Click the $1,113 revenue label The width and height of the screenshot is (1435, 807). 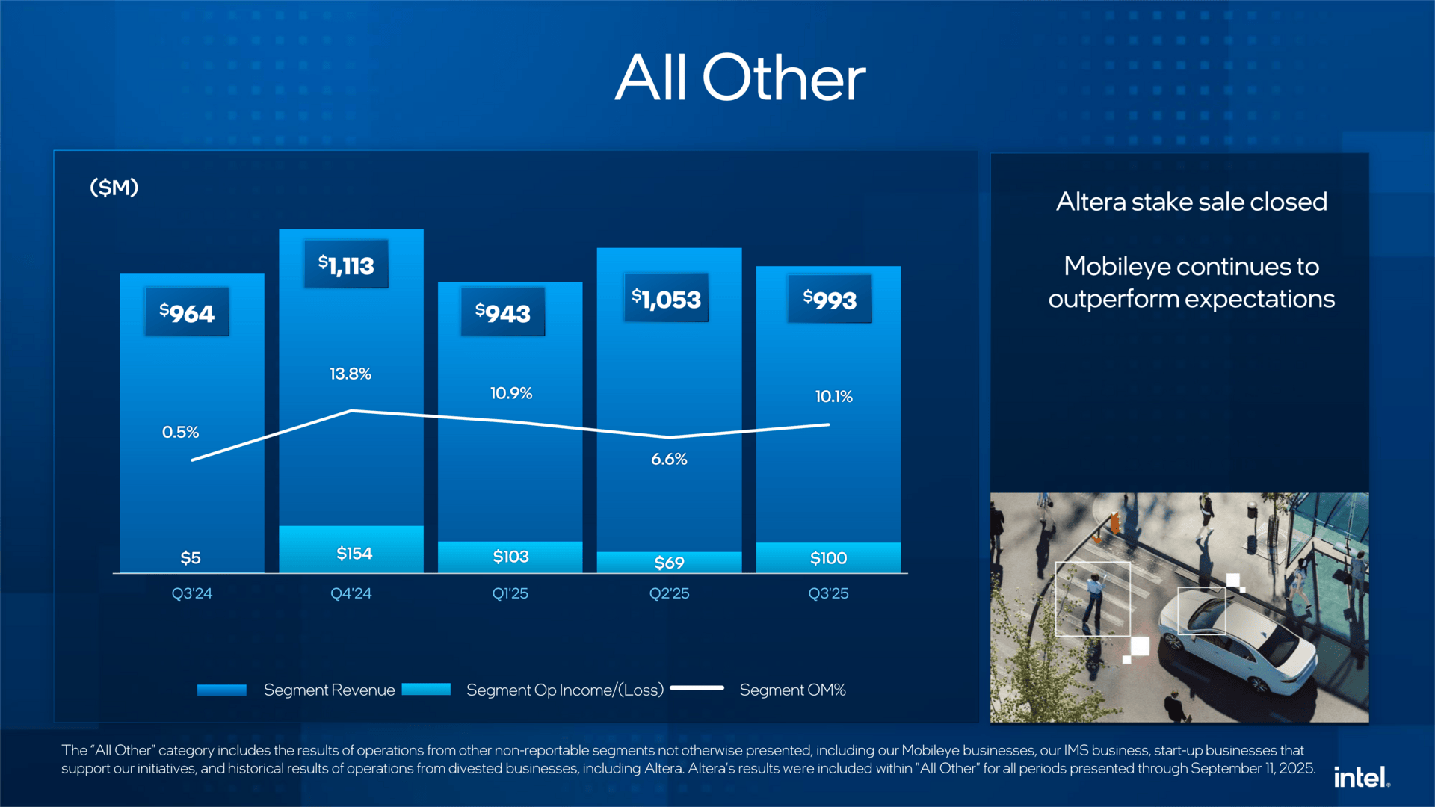pyautogui.click(x=346, y=265)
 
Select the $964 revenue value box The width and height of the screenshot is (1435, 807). pyautogui.click(x=187, y=312)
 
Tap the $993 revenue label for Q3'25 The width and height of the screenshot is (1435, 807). pyautogui.click(x=830, y=299)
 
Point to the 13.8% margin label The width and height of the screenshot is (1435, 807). pyautogui.click(x=351, y=374)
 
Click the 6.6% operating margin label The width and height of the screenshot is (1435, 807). pyautogui.click(x=669, y=459)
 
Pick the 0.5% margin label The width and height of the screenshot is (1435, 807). pyautogui.click(x=180, y=432)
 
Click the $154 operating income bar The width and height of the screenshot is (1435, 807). pyautogui.click(x=351, y=549)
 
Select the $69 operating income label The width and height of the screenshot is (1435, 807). pyautogui.click(x=669, y=563)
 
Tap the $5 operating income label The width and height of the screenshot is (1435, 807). pyautogui.click(x=191, y=557)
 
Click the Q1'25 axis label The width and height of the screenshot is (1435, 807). pyautogui.click(x=510, y=593)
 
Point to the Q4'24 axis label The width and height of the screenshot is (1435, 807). pyautogui.click(x=351, y=593)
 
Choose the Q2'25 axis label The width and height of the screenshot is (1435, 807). pyautogui.click(x=669, y=593)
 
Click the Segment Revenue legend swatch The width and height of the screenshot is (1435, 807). pyautogui.click(x=221, y=690)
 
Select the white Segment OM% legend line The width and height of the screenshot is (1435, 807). pyautogui.click(x=697, y=688)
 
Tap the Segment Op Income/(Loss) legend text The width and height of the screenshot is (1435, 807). pyautogui.click(x=564, y=690)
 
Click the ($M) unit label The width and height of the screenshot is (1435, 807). pyautogui.click(x=114, y=187)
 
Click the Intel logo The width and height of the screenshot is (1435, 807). pyautogui.click(x=1361, y=778)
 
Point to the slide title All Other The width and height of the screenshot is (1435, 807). pyautogui.click(x=740, y=78)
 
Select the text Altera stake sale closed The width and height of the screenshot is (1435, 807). pyautogui.click(x=1191, y=202)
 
